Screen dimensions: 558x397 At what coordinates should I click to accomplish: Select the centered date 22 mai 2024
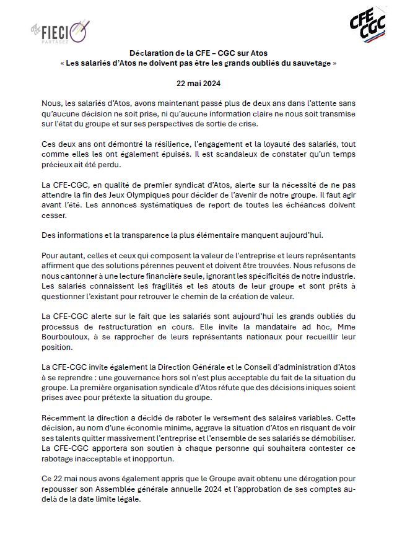(x=198, y=82)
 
